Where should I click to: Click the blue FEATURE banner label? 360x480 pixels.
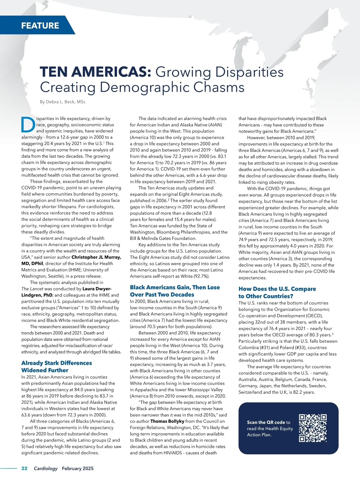click(40, 25)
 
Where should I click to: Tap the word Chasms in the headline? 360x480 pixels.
click(219, 87)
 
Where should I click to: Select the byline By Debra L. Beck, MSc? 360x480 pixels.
click(63, 102)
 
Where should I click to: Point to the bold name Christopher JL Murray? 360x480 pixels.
click(96, 257)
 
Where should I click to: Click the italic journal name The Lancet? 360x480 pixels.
click(32, 289)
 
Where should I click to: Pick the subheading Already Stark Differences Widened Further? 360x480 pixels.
click(57, 366)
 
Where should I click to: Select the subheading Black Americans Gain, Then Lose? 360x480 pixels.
click(175, 287)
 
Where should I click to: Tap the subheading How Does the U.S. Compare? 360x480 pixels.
click(277, 289)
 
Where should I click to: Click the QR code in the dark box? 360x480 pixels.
click(313, 428)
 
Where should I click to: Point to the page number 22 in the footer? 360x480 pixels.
click(24, 468)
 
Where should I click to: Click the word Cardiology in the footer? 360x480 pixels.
click(46, 468)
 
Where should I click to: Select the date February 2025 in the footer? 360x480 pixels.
click(78, 468)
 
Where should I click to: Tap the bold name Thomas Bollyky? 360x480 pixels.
click(167, 421)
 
